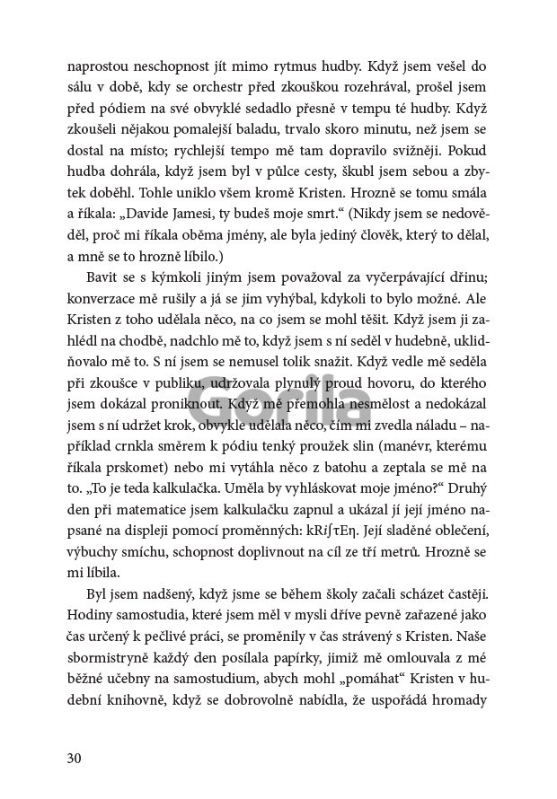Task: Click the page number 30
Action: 75,758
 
